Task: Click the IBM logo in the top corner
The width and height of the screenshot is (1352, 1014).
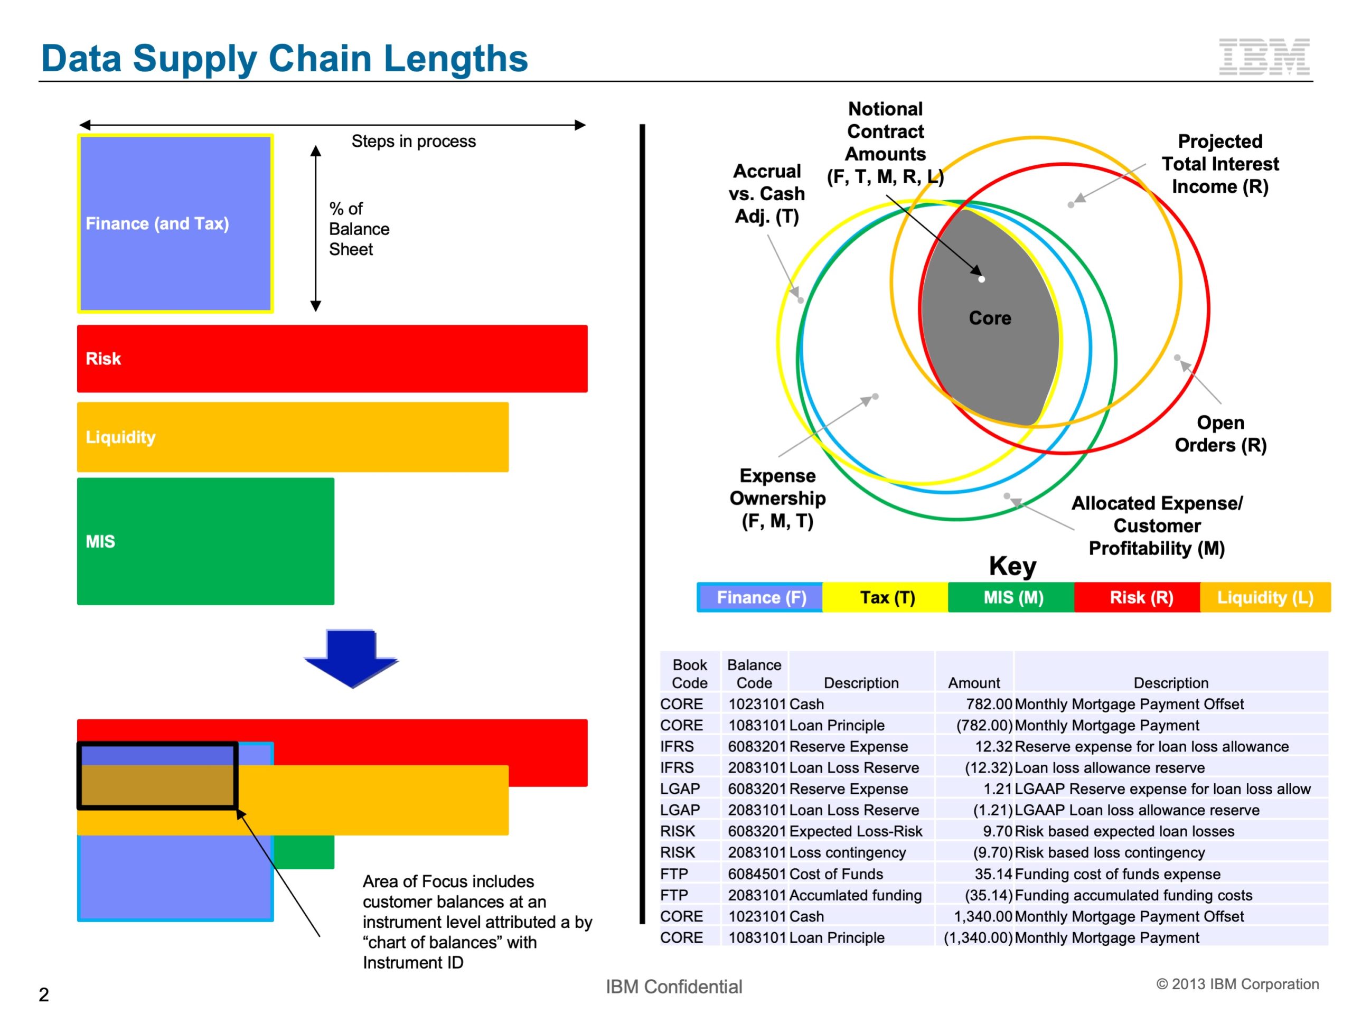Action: tap(1263, 57)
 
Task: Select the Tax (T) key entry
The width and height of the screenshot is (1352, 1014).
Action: tap(887, 597)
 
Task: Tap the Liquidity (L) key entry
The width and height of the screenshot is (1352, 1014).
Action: tap(1265, 597)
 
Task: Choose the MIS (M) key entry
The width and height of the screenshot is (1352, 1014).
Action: tap(1013, 597)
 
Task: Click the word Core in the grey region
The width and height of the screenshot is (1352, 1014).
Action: tap(990, 318)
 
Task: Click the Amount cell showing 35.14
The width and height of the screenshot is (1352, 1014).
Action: tap(993, 874)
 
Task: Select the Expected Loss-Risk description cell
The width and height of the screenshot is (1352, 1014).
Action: tap(856, 831)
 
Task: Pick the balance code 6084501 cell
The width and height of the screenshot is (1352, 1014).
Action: tap(757, 874)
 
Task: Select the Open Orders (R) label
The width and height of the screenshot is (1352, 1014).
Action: tap(1220, 434)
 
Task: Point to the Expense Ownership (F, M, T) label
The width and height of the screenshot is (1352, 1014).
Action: tap(777, 498)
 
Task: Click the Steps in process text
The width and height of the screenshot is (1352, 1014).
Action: tap(413, 141)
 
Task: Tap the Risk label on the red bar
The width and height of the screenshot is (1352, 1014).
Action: tap(104, 359)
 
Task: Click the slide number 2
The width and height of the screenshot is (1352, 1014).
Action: tap(43, 994)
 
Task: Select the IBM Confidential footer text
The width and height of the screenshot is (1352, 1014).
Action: tap(673, 987)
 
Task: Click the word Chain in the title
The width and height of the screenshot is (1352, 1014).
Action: tap(320, 59)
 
